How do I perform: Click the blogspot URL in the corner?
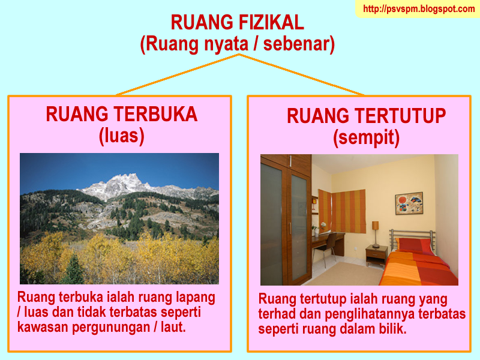pos(419,8)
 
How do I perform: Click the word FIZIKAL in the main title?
pos(271,22)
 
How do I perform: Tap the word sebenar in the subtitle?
pos(299,44)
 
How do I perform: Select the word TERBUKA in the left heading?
pos(155,114)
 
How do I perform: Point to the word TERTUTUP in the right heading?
pos(397,116)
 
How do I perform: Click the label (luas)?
pos(122,136)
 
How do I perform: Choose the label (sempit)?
pos(366,138)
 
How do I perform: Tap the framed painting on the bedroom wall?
pos(409,203)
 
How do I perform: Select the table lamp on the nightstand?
pos(376,234)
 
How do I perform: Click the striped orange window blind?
pos(349,211)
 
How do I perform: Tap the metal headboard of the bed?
pos(412,237)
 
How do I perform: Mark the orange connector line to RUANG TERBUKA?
pos(178,75)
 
